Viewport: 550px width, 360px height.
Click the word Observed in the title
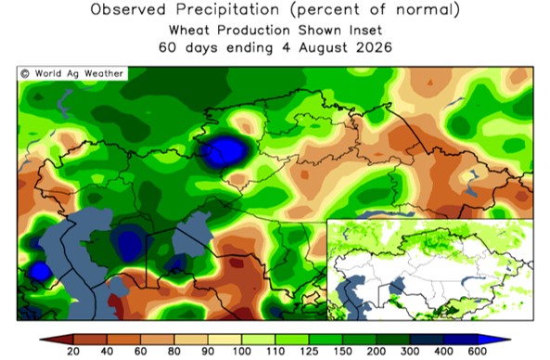(x=128, y=9)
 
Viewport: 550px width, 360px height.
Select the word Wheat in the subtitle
(x=190, y=31)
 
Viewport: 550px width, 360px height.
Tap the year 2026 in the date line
(x=375, y=47)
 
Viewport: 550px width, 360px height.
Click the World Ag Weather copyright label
(x=72, y=73)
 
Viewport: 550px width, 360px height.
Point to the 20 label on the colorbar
(x=73, y=352)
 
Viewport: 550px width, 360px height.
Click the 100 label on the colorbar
(x=241, y=352)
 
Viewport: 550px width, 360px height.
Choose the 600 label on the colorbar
(x=477, y=352)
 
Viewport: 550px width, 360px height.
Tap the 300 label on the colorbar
(x=410, y=352)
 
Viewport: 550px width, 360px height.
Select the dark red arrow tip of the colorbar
(x=58, y=340)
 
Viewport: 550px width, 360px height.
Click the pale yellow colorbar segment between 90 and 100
(x=224, y=340)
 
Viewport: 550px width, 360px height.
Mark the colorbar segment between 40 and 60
(x=123, y=340)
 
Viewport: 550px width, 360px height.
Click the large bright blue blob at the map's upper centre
(x=226, y=151)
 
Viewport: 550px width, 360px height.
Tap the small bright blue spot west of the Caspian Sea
(x=40, y=271)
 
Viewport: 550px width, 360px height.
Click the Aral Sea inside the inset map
(x=397, y=285)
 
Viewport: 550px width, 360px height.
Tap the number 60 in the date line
(x=167, y=47)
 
